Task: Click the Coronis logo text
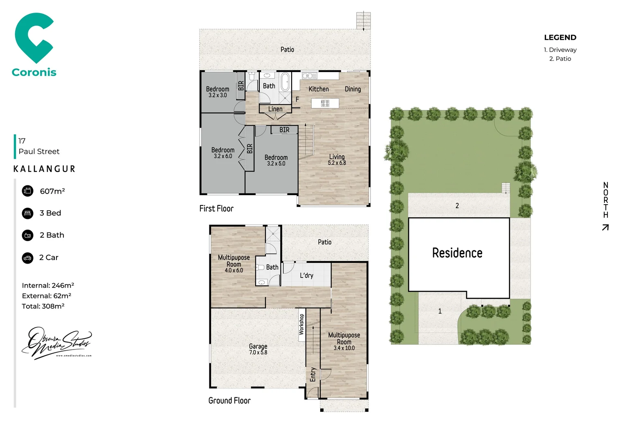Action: coord(34,72)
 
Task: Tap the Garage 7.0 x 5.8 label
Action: coord(258,349)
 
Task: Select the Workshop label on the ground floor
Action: coord(301,324)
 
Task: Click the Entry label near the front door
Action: coord(313,374)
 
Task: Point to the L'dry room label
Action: coord(306,275)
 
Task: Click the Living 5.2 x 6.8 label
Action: coord(337,160)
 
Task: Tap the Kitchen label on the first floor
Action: coord(318,89)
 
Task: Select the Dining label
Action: coord(353,89)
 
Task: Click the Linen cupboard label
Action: coord(275,109)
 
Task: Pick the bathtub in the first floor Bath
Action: coord(285,81)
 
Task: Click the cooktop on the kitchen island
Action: coord(325,103)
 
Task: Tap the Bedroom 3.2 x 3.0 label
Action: coord(218,92)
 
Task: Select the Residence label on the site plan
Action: coord(457,253)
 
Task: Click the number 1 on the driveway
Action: coord(440,311)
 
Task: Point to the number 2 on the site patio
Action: coord(457,205)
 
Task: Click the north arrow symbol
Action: coord(605,227)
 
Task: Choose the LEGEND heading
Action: coord(560,38)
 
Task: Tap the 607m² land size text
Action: coord(52,191)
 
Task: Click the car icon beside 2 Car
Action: coord(27,258)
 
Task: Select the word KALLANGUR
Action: coord(44,169)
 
